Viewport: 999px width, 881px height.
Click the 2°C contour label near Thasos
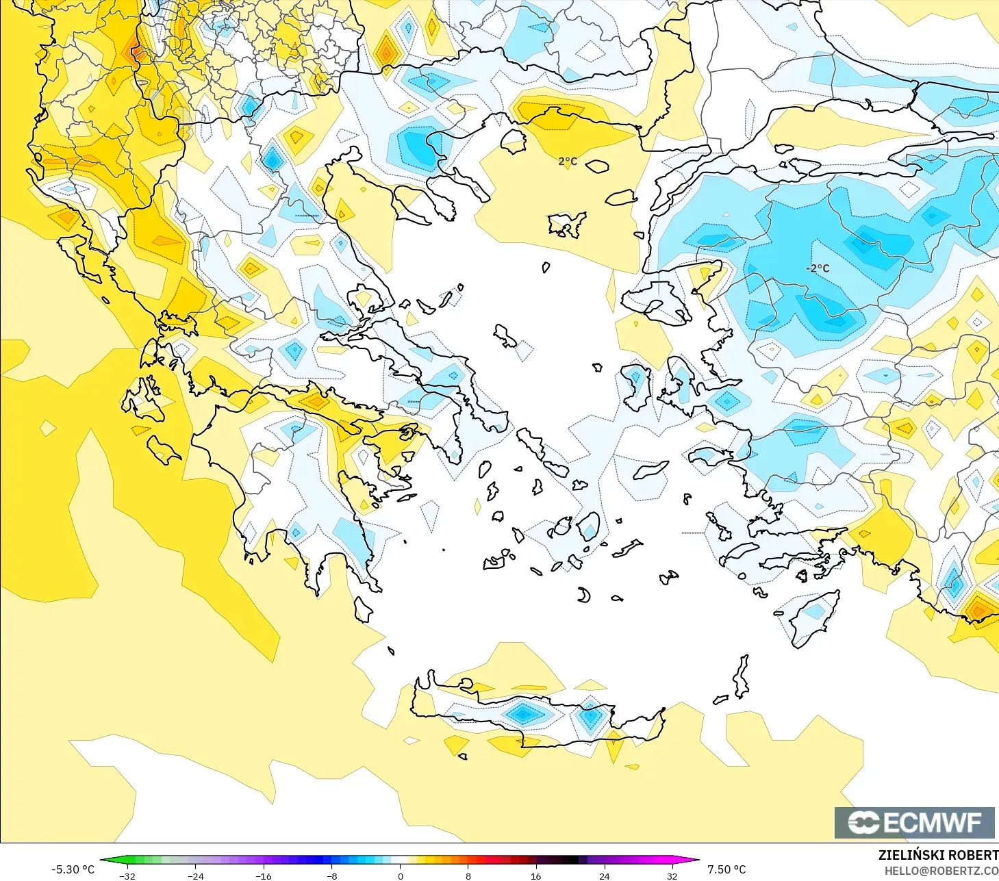click(x=568, y=162)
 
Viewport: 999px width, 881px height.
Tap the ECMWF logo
click(x=914, y=822)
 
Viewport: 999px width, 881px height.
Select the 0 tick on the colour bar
click(x=401, y=876)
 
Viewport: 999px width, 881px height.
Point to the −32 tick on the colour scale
click(x=127, y=876)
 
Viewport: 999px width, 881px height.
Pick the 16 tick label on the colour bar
click(x=536, y=876)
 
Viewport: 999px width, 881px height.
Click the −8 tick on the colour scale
click(x=331, y=876)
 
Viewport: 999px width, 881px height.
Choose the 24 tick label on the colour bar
click(x=604, y=876)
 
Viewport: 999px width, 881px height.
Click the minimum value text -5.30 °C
click(x=73, y=869)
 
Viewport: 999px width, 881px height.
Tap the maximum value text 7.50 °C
click(x=726, y=869)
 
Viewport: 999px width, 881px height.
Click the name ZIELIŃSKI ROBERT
click(x=938, y=855)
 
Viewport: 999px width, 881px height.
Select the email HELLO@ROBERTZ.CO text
click(x=941, y=871)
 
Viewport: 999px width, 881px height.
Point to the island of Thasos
click(x=514, y=140)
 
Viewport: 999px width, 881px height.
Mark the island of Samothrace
click(x=597, y=166)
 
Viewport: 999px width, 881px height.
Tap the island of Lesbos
click(x=654, y=304)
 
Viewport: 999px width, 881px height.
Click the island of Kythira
click(x=363, y=609)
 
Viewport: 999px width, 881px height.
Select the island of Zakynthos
click(x=163, y=449)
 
